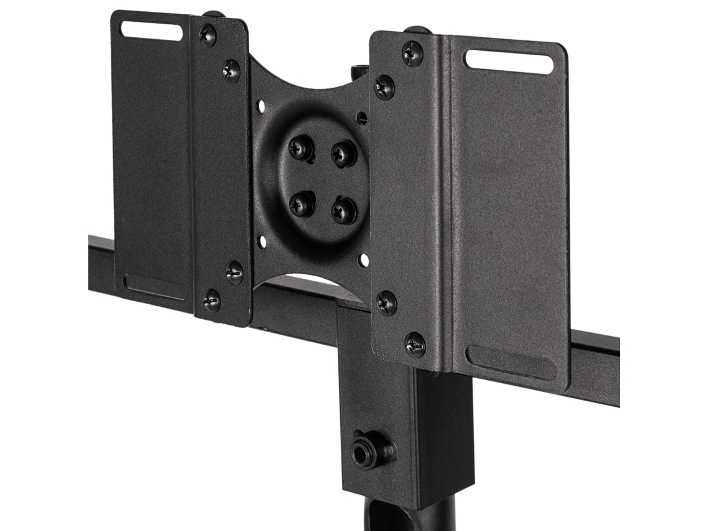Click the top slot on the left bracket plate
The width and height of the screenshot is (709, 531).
pos(151,30)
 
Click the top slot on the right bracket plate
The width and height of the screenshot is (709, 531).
pos(509,61)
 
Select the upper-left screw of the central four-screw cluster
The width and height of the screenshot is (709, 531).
pos(301,148)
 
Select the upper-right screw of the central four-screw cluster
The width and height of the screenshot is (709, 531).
pos(343,153)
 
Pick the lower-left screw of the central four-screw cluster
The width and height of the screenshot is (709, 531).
pos(302,204)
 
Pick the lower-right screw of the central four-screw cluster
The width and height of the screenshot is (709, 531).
pos(344,211)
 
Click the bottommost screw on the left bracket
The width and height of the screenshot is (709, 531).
pos(211,301)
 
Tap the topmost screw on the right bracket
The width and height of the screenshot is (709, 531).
pos(412,54)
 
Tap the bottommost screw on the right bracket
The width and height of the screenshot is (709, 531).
pos(415,344)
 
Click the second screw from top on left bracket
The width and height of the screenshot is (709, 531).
pos(231,71)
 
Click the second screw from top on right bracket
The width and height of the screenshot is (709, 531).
pos(384,87)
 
